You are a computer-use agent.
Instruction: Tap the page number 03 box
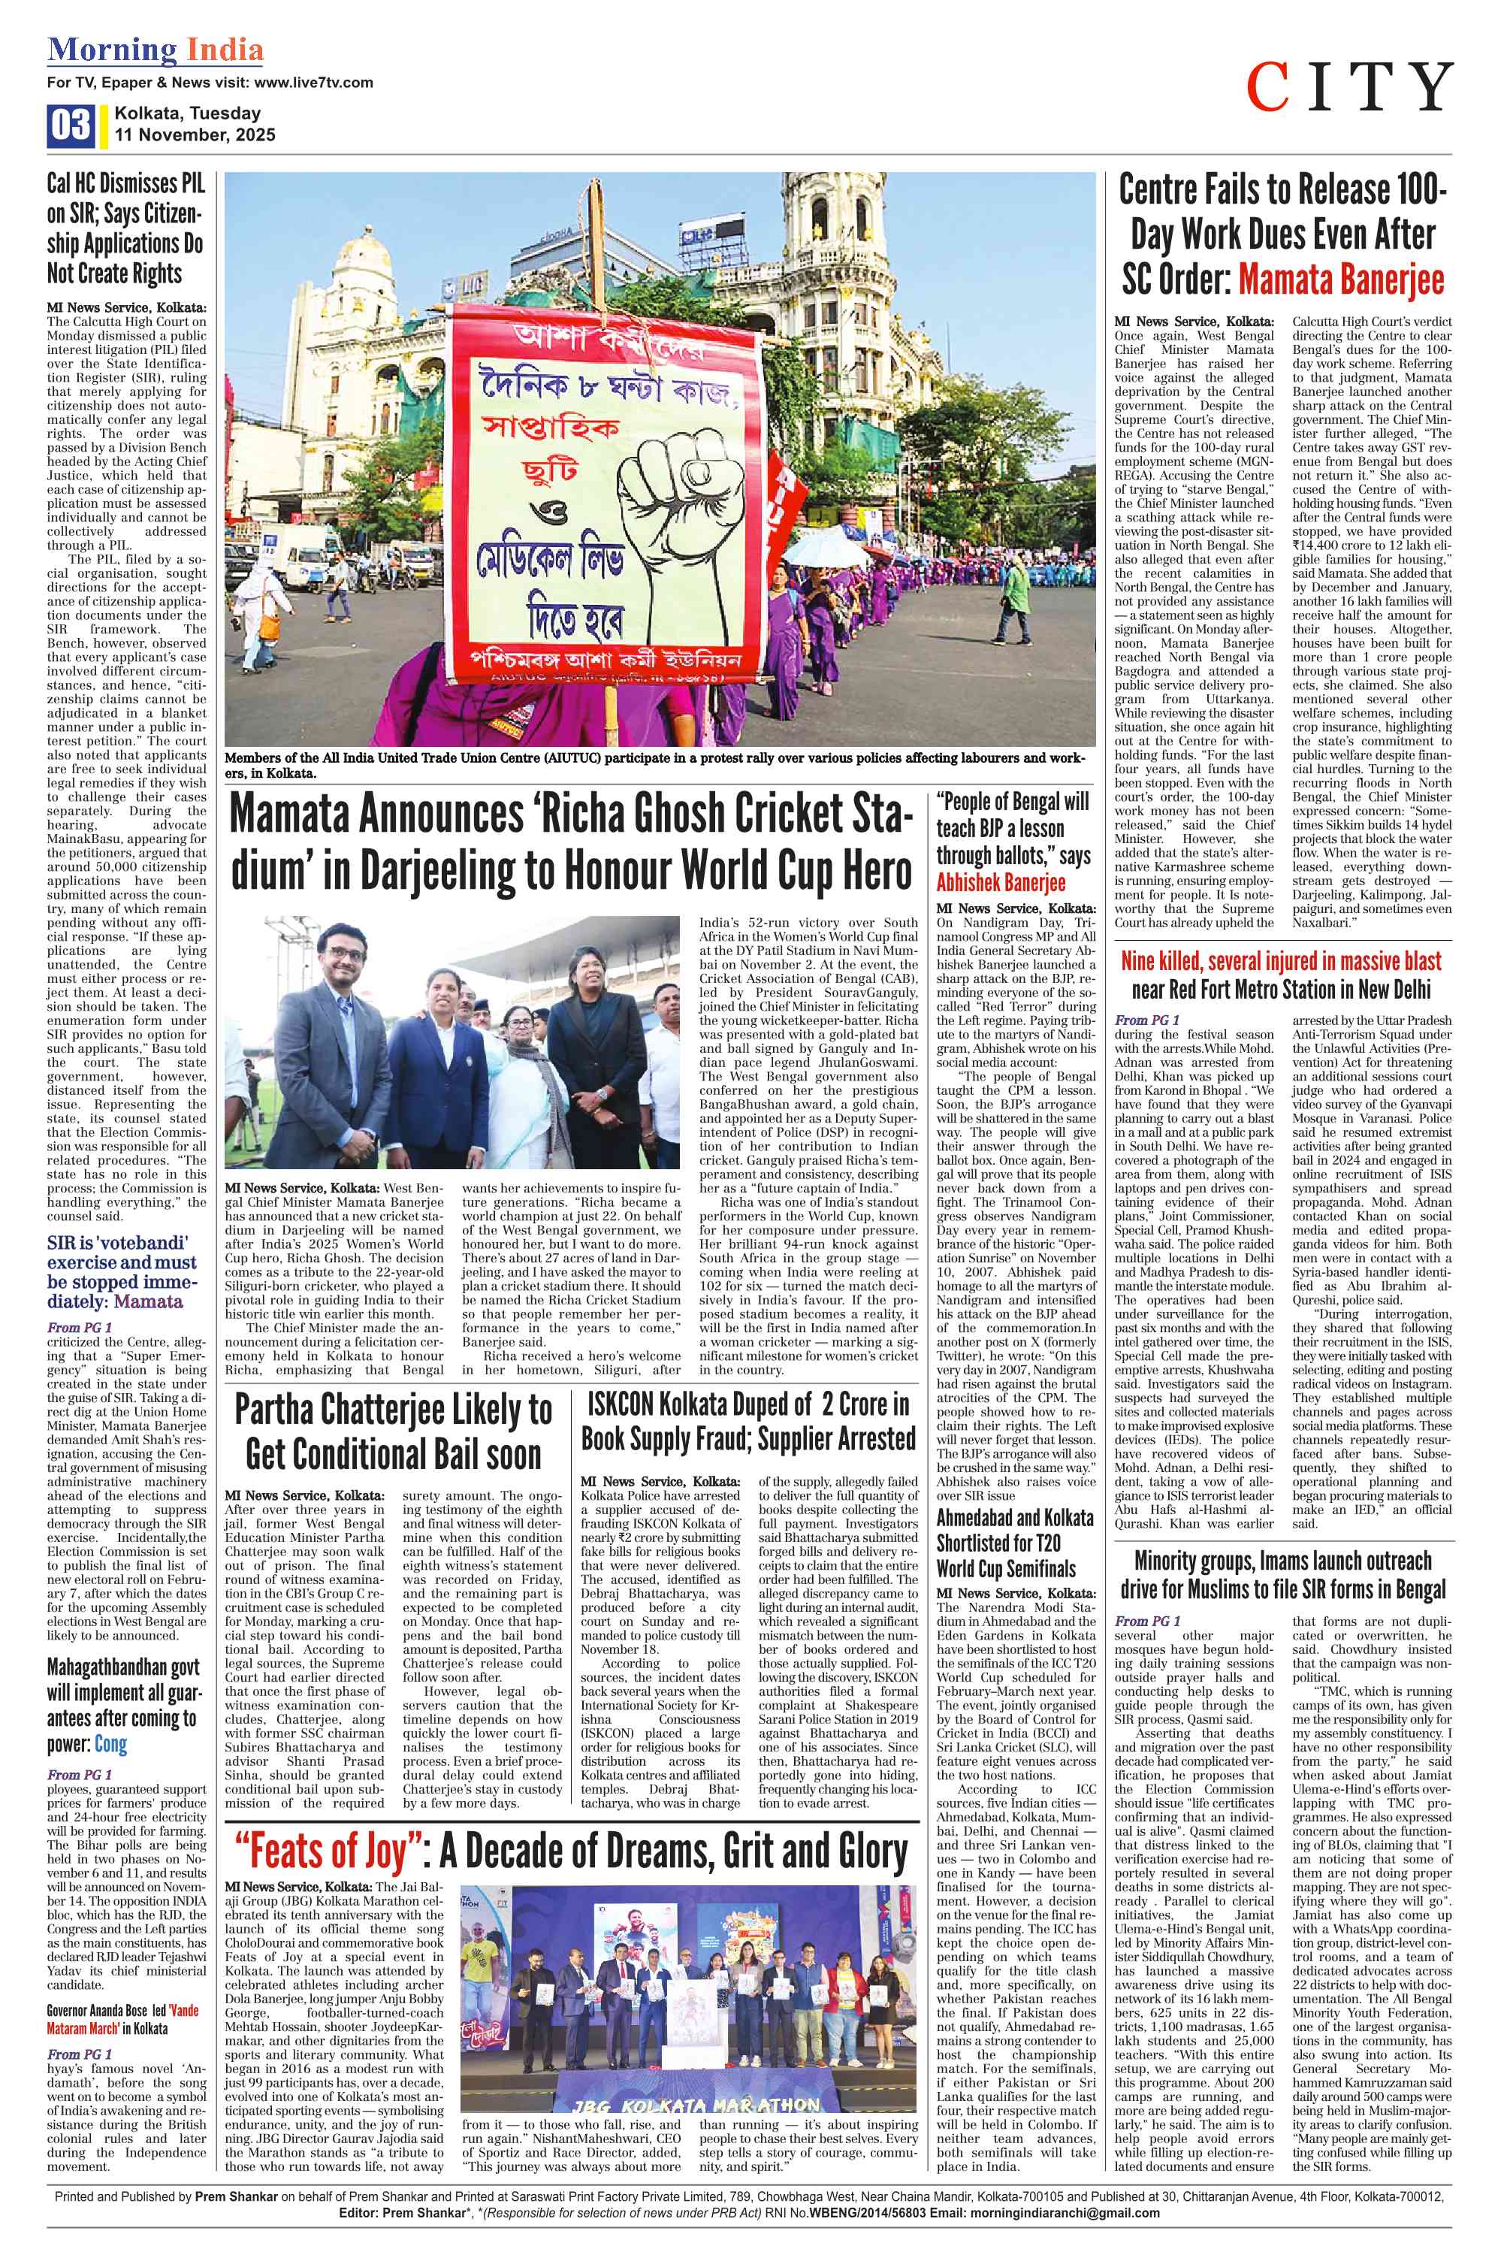click(70, 125)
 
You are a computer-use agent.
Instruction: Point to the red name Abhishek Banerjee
click(1001, 881)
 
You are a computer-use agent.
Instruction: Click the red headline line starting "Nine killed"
click(1281, 961)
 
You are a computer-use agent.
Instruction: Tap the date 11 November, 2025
click(195, 135)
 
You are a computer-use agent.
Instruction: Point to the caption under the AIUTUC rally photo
click(655, 764)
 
